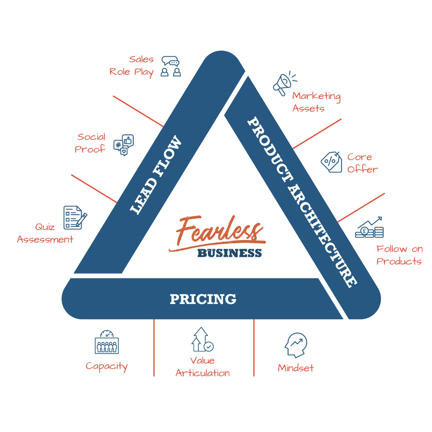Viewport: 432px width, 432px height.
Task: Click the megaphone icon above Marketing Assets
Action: pyautogui.click(x=284, y=84)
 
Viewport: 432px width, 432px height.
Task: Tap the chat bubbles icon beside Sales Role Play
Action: pyautogui.click(x=171, y=66)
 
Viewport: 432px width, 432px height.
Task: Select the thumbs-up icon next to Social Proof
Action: pyautogui.click(x=124, y=145)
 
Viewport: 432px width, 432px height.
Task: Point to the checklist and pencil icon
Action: pyautogui.click(x=75, y=218)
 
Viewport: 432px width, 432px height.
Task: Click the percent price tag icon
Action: pyautogui.click(x=332, y=162)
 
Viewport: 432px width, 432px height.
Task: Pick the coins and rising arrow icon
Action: pyautogui.click(x=369, y=227)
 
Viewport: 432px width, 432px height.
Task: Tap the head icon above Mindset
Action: pyautogui.click(x=296, y=345)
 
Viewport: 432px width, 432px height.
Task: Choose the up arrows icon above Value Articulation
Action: pyautogui.click(x=202, y=340)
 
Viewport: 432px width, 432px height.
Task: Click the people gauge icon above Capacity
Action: pyautogui.click(x=107, y=342)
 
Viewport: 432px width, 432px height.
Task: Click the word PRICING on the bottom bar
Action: pyautogui.click(x=203, y=299)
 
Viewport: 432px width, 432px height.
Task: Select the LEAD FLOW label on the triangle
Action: pyautogui.click(x=156, y=175)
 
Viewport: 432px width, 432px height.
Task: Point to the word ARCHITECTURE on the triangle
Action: pyautogui.click(x=322, y=237)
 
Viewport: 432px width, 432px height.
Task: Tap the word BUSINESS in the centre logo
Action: pyautogui.click(x=230, y=253)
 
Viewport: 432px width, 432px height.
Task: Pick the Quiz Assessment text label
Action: pyautogui.click(x=45, y=233)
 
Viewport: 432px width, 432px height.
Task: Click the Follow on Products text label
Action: pyautogui.click(x=400, y=255)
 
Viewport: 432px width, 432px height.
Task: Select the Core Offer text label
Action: pyautogui.click(x=362, y=163)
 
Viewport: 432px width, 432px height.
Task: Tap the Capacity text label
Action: pyautogui.click(x=107, y=367)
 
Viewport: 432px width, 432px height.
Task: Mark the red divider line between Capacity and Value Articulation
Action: pyautogui.click(x=154, y=348)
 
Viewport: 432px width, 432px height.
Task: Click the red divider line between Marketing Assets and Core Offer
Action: pyautogui.click(x=317, y=134)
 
